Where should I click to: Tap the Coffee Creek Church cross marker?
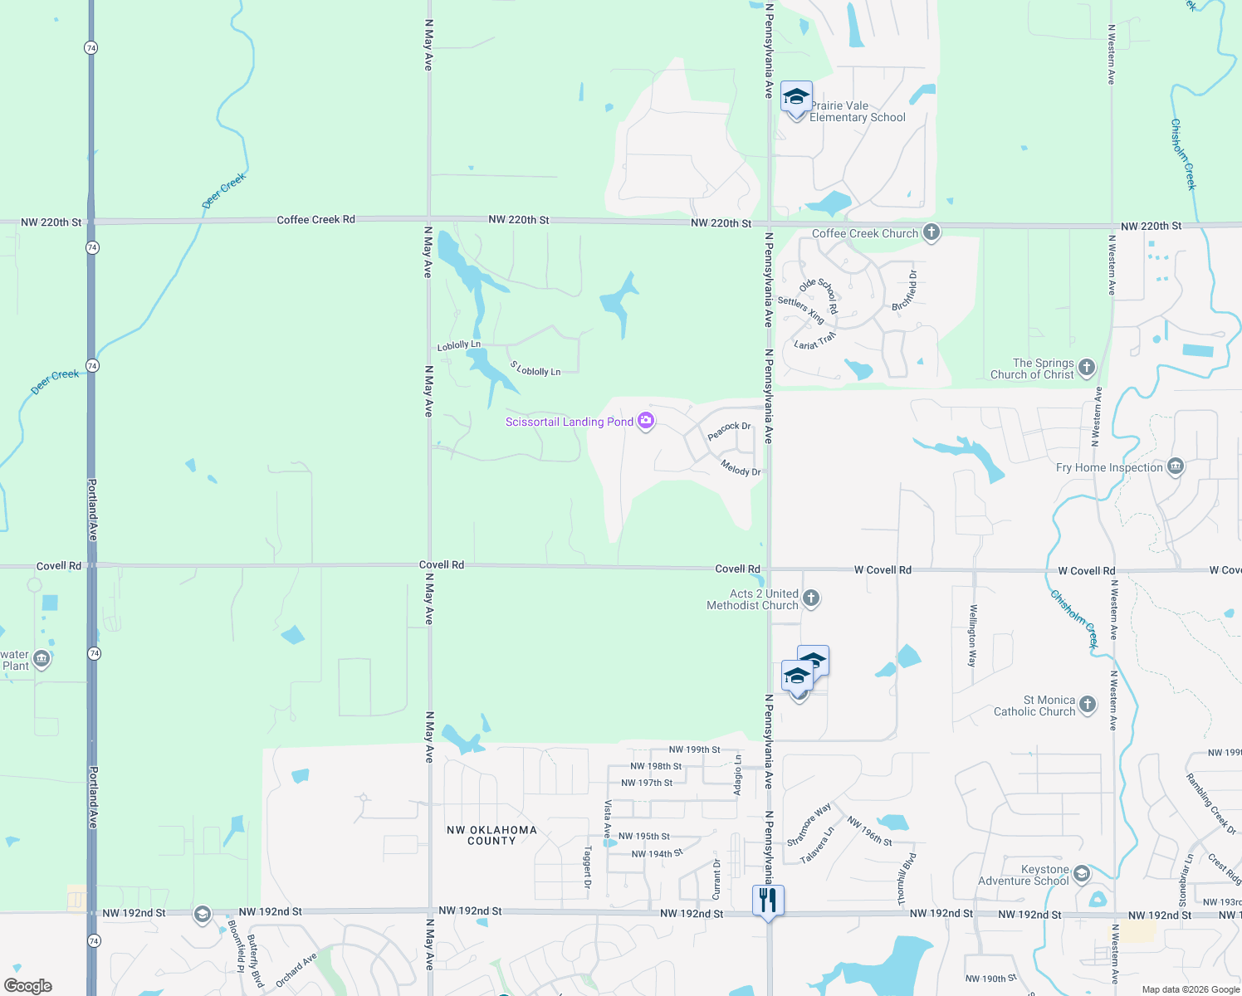point(931,232)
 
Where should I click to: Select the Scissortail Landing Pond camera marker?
point(646,422)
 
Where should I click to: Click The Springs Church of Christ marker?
point(1086,367)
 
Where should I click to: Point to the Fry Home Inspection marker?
point(1175,466)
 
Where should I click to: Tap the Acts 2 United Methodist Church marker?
point(811,598)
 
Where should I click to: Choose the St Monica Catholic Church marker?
point(1088,705)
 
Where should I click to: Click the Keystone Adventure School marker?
point(1081,874)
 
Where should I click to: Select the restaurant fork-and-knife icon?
point(768,901)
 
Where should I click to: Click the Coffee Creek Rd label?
point(315,220)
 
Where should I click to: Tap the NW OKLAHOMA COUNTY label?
point(491,835)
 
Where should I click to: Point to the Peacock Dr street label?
point(729,431)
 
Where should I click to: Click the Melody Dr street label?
point(741,468)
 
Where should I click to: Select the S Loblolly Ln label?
point(535,369)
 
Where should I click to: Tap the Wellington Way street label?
point(972,636)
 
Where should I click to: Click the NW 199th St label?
point(695,749)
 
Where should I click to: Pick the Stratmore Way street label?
point(809,824)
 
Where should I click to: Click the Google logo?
point(28,986)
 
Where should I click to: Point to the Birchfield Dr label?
point(905,290)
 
